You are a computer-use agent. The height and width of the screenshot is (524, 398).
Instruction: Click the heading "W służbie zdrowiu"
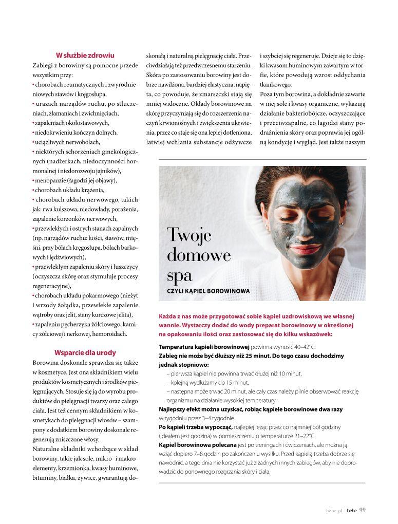click(x=85, y=55)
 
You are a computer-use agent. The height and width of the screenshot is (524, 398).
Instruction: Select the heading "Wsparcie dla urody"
click(x=85, y=353)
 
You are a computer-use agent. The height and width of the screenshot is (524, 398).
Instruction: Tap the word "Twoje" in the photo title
click(x=188, y=236)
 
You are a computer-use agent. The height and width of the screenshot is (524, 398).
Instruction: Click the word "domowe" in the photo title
click(x=199, y=255)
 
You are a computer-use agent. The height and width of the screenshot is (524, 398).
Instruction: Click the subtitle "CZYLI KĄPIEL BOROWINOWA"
click(x=209, y=291)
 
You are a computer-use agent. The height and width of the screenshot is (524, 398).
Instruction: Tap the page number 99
click(x=362, y=510)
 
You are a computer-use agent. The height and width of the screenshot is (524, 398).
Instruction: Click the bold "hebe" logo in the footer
click(x=352, y=510)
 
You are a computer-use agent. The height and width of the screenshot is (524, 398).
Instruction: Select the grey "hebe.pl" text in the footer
click(x=334, y=510)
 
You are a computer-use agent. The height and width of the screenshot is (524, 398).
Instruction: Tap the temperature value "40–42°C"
click(x=302, y=347)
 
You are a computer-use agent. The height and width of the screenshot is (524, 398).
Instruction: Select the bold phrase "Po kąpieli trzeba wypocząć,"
click(x=196, y=427)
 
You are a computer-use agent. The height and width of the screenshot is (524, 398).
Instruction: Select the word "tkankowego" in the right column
click(x=276, y=85)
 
